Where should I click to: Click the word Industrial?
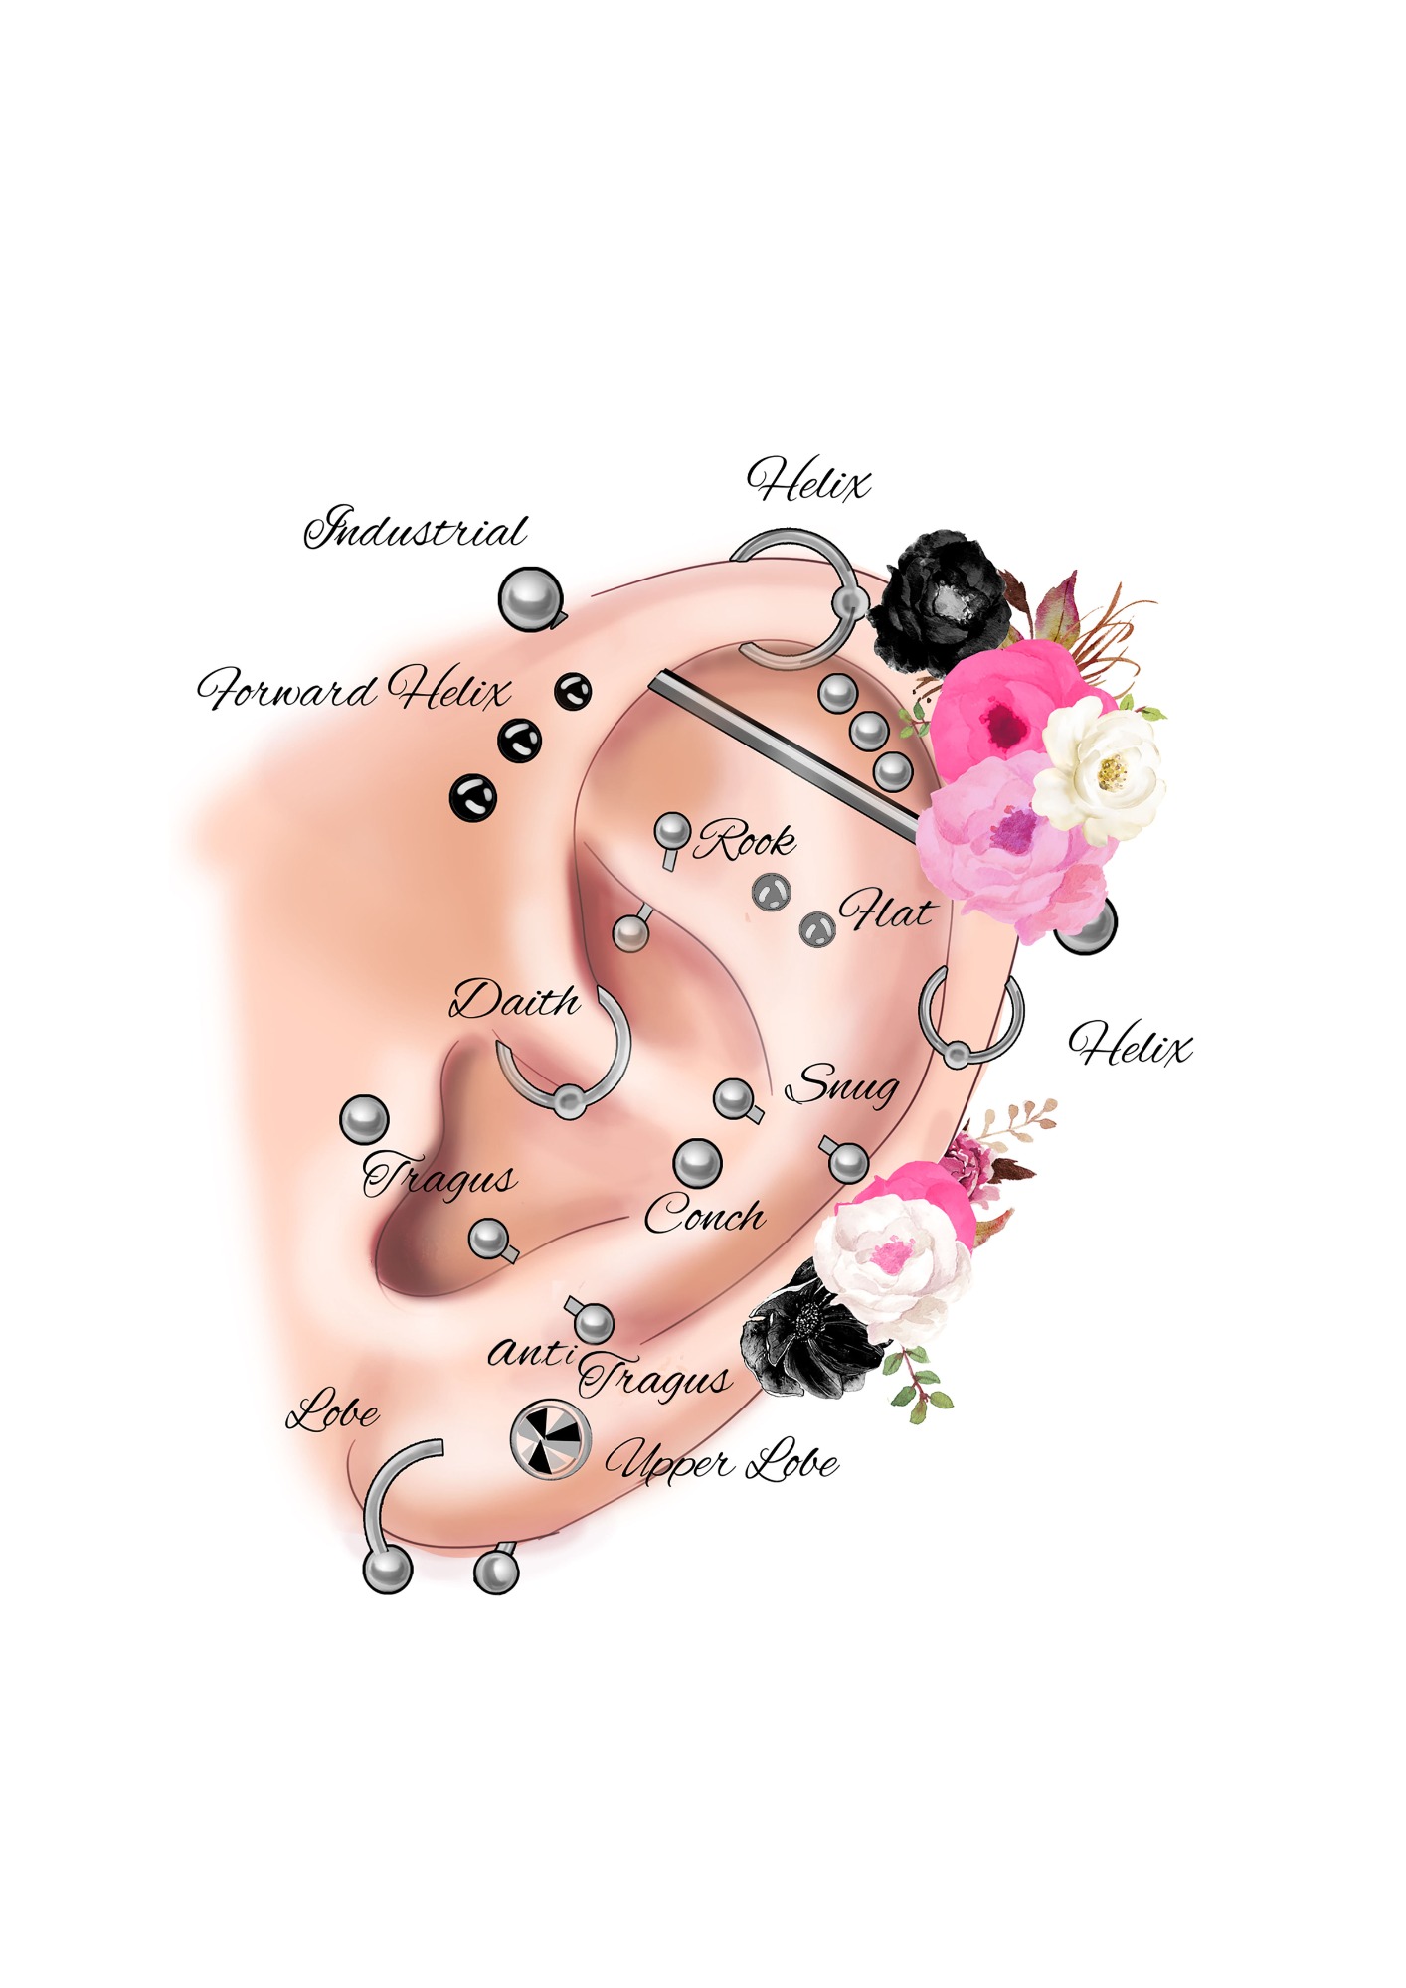coord(416,528)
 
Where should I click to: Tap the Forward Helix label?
coord(354,689)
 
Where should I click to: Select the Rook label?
coord(746,841)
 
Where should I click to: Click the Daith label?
coord(515,1000)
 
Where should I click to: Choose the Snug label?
coord(842,1084)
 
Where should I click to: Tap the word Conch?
coord(704,1215)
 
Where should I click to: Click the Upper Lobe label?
coord(722,1463)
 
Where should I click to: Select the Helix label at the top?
coord(808,482)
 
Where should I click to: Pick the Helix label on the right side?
coord(1130,1046)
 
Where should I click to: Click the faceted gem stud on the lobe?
coord(550,1439)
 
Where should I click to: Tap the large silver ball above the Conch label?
coord(698,1163)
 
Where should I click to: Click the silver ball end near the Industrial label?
coord(530,597)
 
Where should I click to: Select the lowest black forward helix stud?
coord(473,797)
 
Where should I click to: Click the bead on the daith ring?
coord(569,1100)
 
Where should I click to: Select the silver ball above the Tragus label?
coord(364,1119)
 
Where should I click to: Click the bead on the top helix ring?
coord(849,603)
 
